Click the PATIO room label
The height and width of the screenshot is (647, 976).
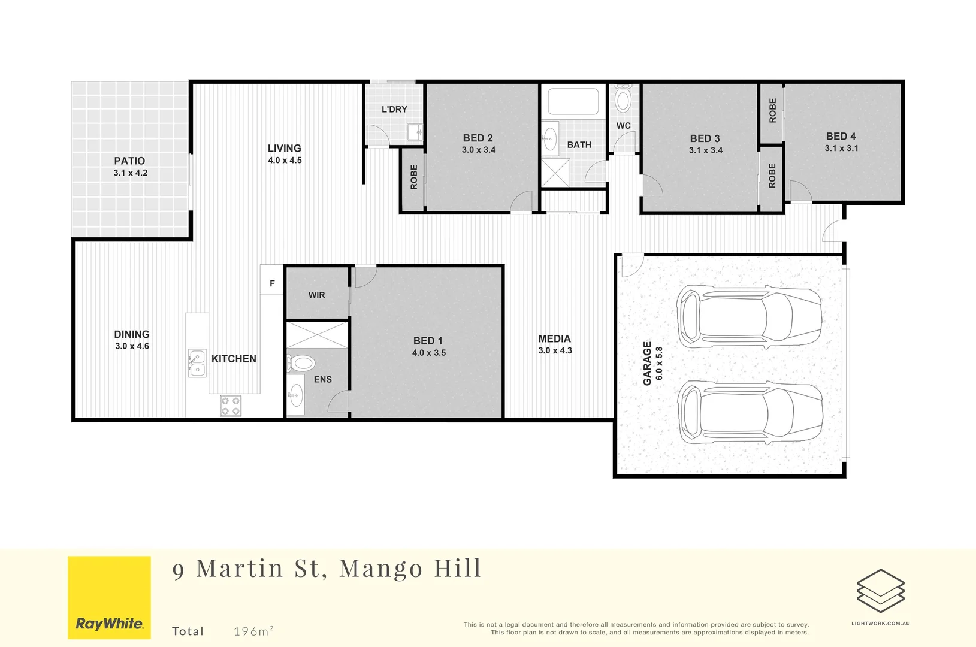tap(129, 161)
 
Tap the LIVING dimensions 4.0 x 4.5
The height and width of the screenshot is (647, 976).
tap(285, 161)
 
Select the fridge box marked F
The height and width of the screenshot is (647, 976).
tap(272, 283)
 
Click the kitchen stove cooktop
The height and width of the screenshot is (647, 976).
tap(231, 406)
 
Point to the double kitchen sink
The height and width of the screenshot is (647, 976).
tap(197, 363)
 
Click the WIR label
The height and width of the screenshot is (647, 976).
tap(316, 295)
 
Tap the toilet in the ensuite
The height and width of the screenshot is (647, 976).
tap(301, 363)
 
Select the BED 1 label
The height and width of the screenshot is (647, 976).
tap(428, 341)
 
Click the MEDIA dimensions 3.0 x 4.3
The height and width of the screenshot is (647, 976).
tap(555, 351)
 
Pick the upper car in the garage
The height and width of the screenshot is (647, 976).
tap(749, 316)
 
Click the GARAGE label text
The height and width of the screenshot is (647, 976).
tap(647, 363)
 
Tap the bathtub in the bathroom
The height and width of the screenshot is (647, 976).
tap(573, 101)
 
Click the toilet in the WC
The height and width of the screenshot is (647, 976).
tap(623, 99)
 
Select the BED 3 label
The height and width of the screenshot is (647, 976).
tap(705, 138)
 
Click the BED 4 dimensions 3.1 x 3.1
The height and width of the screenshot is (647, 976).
tap(841, 149)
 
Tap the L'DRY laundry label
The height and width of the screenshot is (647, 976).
tap(394, 109)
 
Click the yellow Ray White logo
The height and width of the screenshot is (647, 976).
tap(109, 597)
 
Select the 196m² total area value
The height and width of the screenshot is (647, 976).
tap(253, 631)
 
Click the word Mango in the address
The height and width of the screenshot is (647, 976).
tap(380, 569)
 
